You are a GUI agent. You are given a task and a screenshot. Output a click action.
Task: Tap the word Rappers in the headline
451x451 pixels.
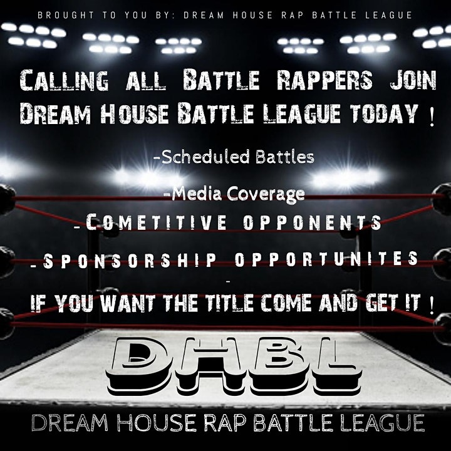click(324, 80)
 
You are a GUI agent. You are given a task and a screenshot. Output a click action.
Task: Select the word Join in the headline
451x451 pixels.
click(413, 80)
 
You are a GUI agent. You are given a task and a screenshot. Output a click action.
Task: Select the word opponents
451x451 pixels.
click(313, 222)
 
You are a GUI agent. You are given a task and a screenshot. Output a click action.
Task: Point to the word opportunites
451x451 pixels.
click(326, 258)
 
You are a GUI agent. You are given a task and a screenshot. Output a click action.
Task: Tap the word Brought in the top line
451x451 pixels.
click(66, 15)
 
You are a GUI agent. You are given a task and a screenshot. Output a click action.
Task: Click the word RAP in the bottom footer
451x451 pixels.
click(227, 423)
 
